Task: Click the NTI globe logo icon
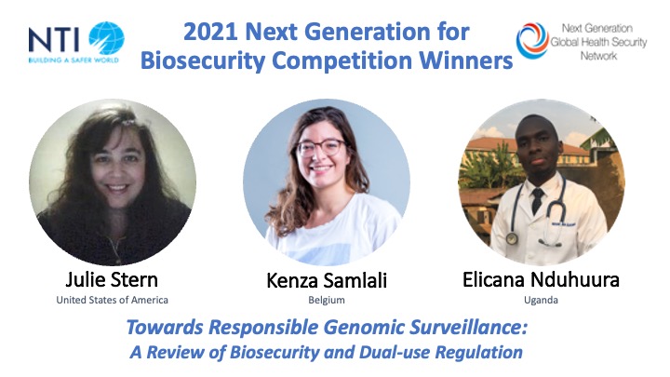click(x=106, y=38)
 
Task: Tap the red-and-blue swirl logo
click(x=532, y=40)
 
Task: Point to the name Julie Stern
click(x=112, y=280)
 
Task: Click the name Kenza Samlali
click(x=327, y=281)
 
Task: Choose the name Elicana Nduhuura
click(x=541, y=280)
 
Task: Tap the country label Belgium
click(x=327, y=300)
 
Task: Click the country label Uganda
click(x=541, y=300)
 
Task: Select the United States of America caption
click(x=112, y=300)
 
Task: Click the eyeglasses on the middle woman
click(x=321, y=147)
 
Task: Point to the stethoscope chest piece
click(x=512, y=238)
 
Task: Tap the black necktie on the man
click(x=537, y=200)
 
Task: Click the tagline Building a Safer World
click(x=74, y=61)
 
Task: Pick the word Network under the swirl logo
click(x=598, y=56)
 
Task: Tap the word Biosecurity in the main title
click(x=203, y=61)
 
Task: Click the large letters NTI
click(x=54, y=40)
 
